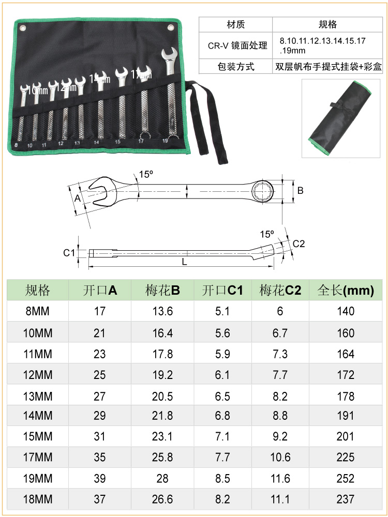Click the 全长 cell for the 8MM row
346,311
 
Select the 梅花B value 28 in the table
162,478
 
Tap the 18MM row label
38,499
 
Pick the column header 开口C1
222,290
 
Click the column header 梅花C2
280,290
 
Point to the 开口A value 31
99,436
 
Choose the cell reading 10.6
280,458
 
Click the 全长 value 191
346,416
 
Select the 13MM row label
38,396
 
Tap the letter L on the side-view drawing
185,262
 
